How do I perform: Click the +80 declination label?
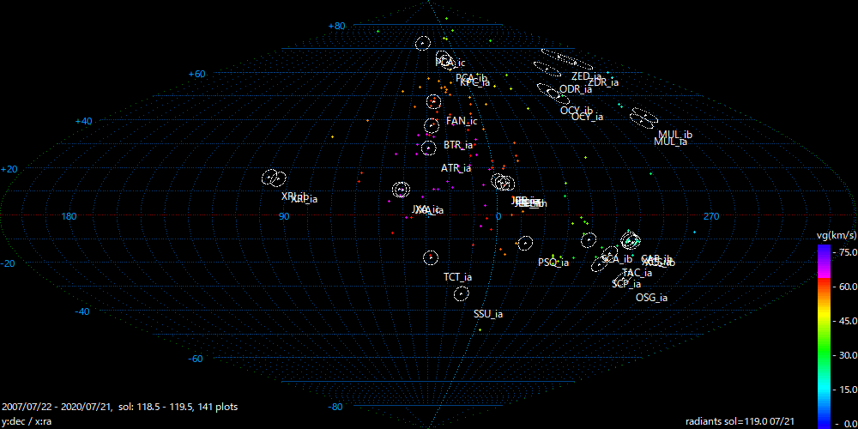click(336, 26)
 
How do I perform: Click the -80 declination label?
click(335, 406)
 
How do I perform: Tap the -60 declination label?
click(195, 359)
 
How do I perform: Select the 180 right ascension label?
click(71, 216)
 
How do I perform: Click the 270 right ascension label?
click(710, 216)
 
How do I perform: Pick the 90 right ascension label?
click(283, 216)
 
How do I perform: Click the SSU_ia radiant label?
click(488, 314)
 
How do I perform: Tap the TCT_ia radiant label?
click(457, 277)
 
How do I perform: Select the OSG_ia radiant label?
click(651, 298)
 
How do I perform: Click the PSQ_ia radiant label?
click(553, 263)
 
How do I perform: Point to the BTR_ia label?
click(458, 145)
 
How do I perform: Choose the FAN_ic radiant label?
click(462, 121)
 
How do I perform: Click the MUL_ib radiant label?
click(675, 135)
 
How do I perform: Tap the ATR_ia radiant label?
click(456, 168)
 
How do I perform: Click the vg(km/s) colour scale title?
click(837, 234)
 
